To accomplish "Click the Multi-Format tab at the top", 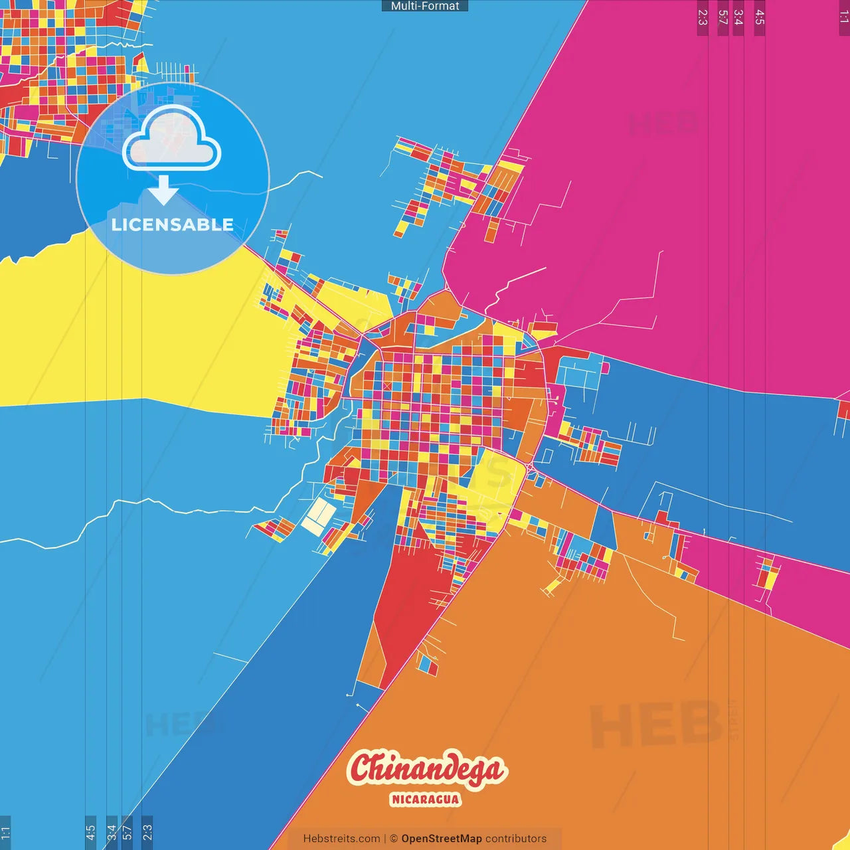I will pyautogui.click(x=425, y=6).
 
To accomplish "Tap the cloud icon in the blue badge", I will pyautogui.click(x=172, y=139).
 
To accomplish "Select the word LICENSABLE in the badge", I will pyautogui.click(x=173, y=224).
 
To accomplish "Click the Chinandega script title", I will pyautogui.click(x=426, y=769).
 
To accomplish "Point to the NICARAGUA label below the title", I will pyautogui.click(x=425, y=799).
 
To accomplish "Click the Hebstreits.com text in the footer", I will pyautogui.click(x=341, y=839).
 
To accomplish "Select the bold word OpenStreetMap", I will pyautogui.click(x=441, y=839).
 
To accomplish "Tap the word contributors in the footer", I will pyautogui.click(x=516, y=839).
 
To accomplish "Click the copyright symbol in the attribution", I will pyautogui.click(x=394, y=839).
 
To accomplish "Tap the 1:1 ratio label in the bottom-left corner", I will pyautogui.click(x=5, y=832).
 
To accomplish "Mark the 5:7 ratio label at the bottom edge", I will pyautogui.click(x=127, y=832).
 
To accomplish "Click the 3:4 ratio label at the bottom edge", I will pyautogui.click(x=112, y=832).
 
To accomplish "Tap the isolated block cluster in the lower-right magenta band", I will pyautogui.click(x=768, y=575).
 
